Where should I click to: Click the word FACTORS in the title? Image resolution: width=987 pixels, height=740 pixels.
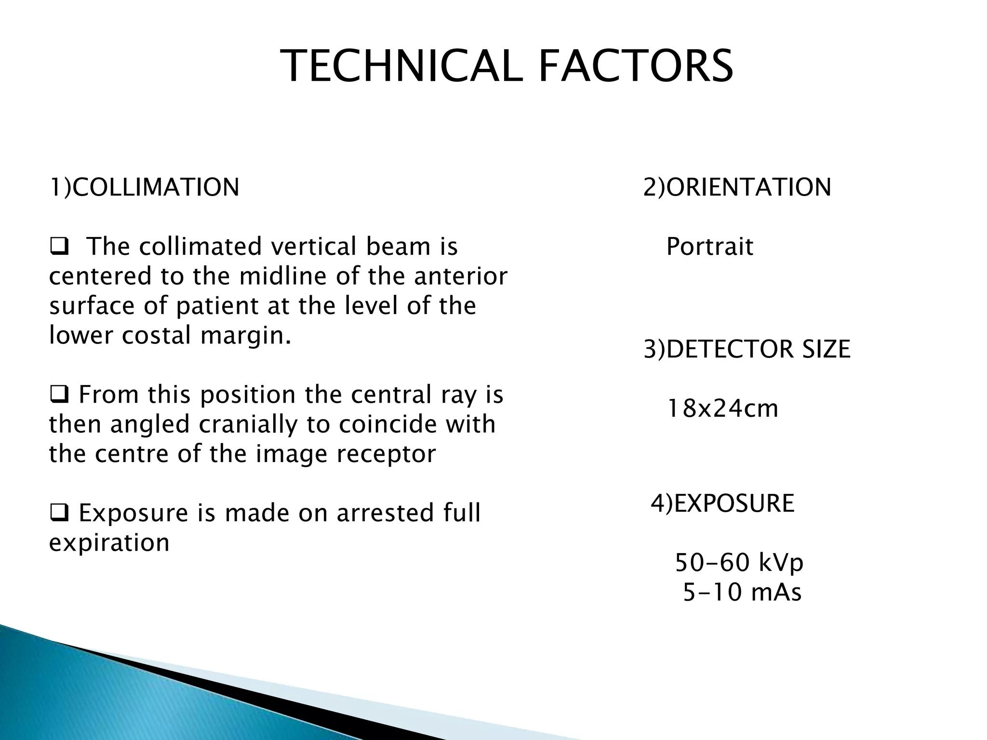[x=636, y=66]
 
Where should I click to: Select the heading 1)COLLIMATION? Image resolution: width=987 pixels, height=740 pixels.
[x=144, y=187]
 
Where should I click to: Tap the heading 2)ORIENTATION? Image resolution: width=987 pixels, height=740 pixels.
[x=737, y=187]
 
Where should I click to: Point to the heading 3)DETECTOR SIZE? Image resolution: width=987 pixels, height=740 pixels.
[x=747, y=349]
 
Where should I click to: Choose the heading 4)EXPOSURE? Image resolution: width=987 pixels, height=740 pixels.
[x=722, y=503]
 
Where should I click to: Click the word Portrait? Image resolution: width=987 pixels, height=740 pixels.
[x=709, y=247]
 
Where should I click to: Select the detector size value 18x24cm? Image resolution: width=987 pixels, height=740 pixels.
[x=722, y=409]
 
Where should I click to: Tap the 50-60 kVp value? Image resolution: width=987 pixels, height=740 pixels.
[x=739, y=563]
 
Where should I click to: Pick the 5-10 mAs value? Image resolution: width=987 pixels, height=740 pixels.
[x=742, y=592]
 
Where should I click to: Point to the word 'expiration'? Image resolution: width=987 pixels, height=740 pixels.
[x=109, y=543]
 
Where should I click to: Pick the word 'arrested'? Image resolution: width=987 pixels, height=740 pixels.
[x=378, y=513]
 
